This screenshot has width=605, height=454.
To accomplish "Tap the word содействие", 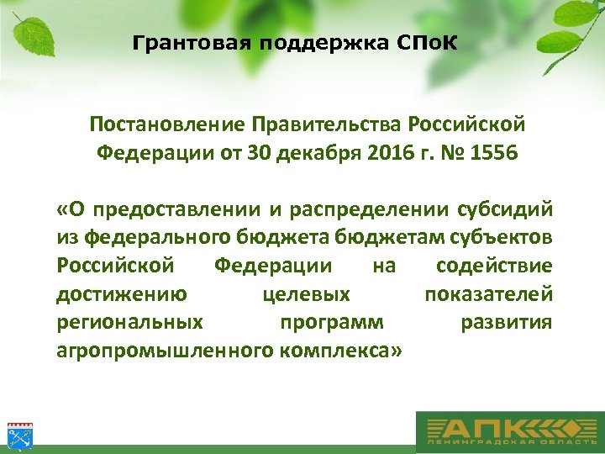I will click(494, 267).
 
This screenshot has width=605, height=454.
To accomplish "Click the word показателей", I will click(488, 295).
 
